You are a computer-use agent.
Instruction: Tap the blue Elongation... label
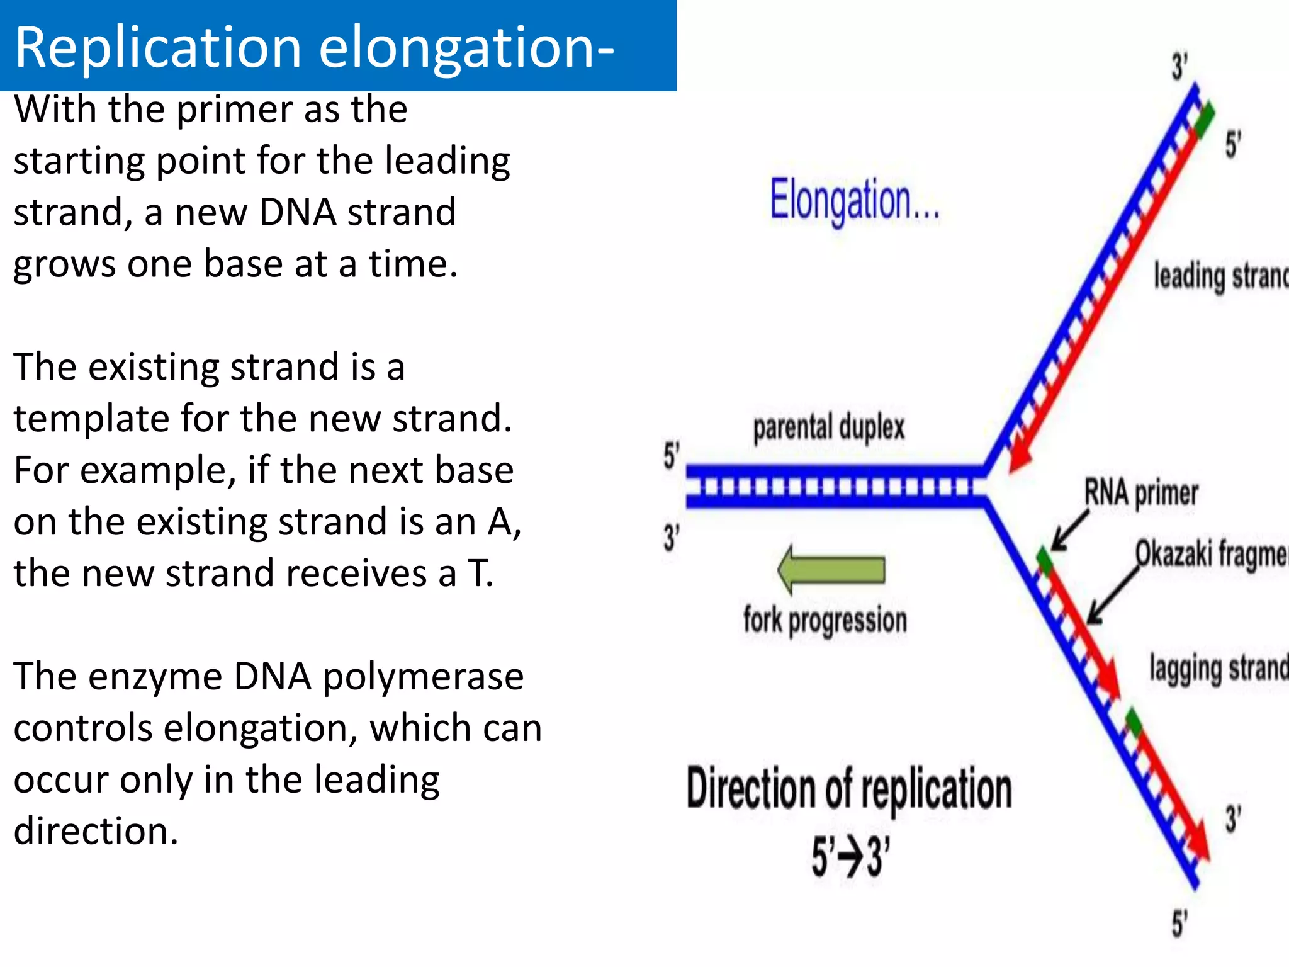point(854,200)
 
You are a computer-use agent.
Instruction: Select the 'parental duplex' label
point(828,427)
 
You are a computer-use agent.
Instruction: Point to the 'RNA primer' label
point(1140,493)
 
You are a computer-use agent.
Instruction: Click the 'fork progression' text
point(825,620)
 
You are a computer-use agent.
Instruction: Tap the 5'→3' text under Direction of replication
point(850,857)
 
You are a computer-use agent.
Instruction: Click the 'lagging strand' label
point(1218,669)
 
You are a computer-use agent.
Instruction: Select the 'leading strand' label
point(1220,277)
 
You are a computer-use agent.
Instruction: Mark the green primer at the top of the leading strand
point(1205,118)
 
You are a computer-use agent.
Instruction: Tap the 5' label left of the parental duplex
point(671,455)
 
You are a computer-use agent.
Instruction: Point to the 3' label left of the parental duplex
point(671,538)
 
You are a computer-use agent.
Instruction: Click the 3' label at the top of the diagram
point(1179,66)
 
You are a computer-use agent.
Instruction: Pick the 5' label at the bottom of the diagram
point(1179,924)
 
